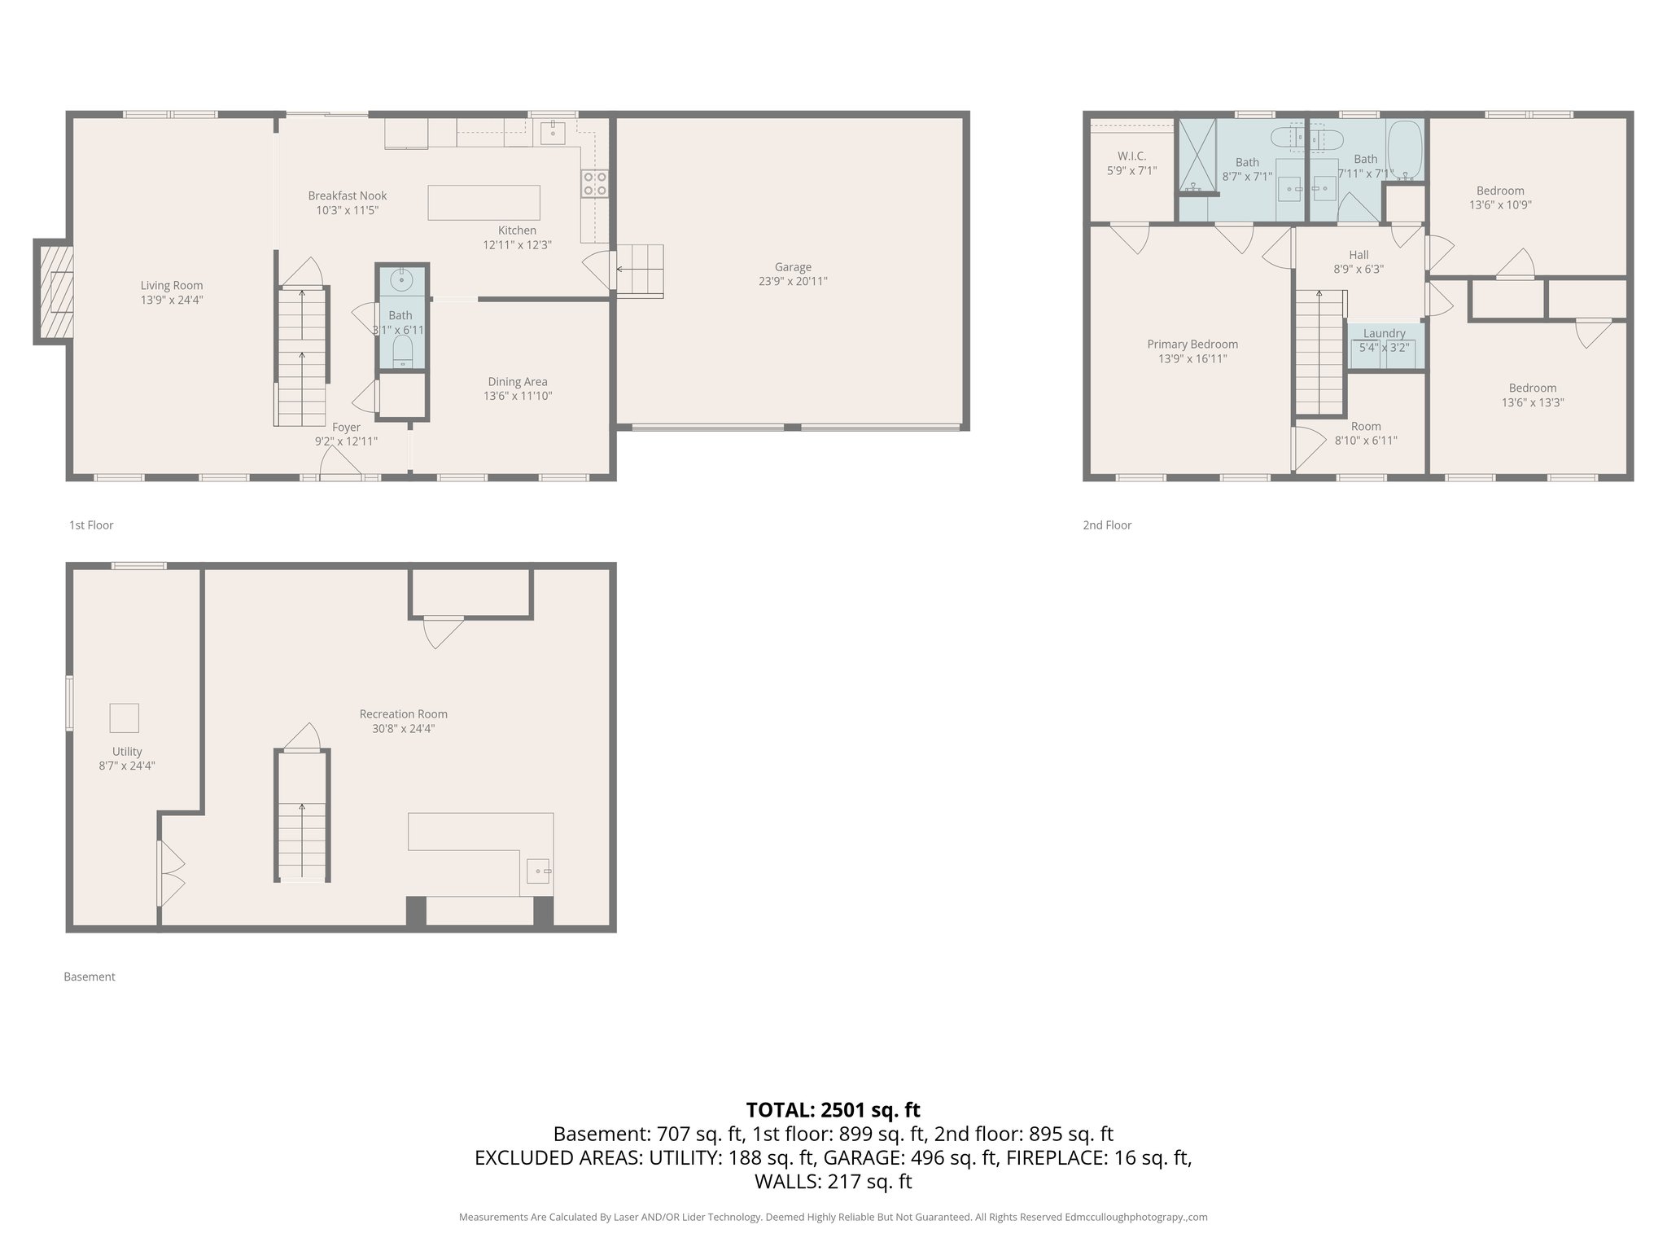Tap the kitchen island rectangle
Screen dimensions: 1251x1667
click(x=483, y=203)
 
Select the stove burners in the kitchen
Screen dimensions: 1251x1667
click(x=594, y=183)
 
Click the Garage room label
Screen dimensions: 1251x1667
click(x=792, y=267)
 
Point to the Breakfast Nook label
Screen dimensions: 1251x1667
click(x=348, y=195)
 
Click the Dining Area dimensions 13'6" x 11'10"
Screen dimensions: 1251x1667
click(x=518, y=397)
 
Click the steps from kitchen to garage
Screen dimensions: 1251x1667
click(x=640, y=270)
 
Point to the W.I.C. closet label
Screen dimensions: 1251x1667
click(x=1131, y=156)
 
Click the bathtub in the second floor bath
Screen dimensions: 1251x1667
click(x=1405, y=150)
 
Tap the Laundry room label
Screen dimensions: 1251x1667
click(x=1384, y=333)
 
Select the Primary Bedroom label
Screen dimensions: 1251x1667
click(x=1192, y=345)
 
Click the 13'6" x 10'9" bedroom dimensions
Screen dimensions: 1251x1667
click(x=1500, y=205)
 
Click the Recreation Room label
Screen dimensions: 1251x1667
click(x=404, y=714)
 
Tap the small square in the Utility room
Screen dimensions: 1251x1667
click(x=125, y=718)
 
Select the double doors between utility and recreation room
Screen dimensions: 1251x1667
click(x=169, y=874)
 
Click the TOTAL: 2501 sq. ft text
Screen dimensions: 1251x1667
click(x=833, y=1110)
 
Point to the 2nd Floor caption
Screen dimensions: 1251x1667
click(x=1107, y=525)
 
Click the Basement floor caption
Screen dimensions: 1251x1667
click(x=90, y=977)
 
